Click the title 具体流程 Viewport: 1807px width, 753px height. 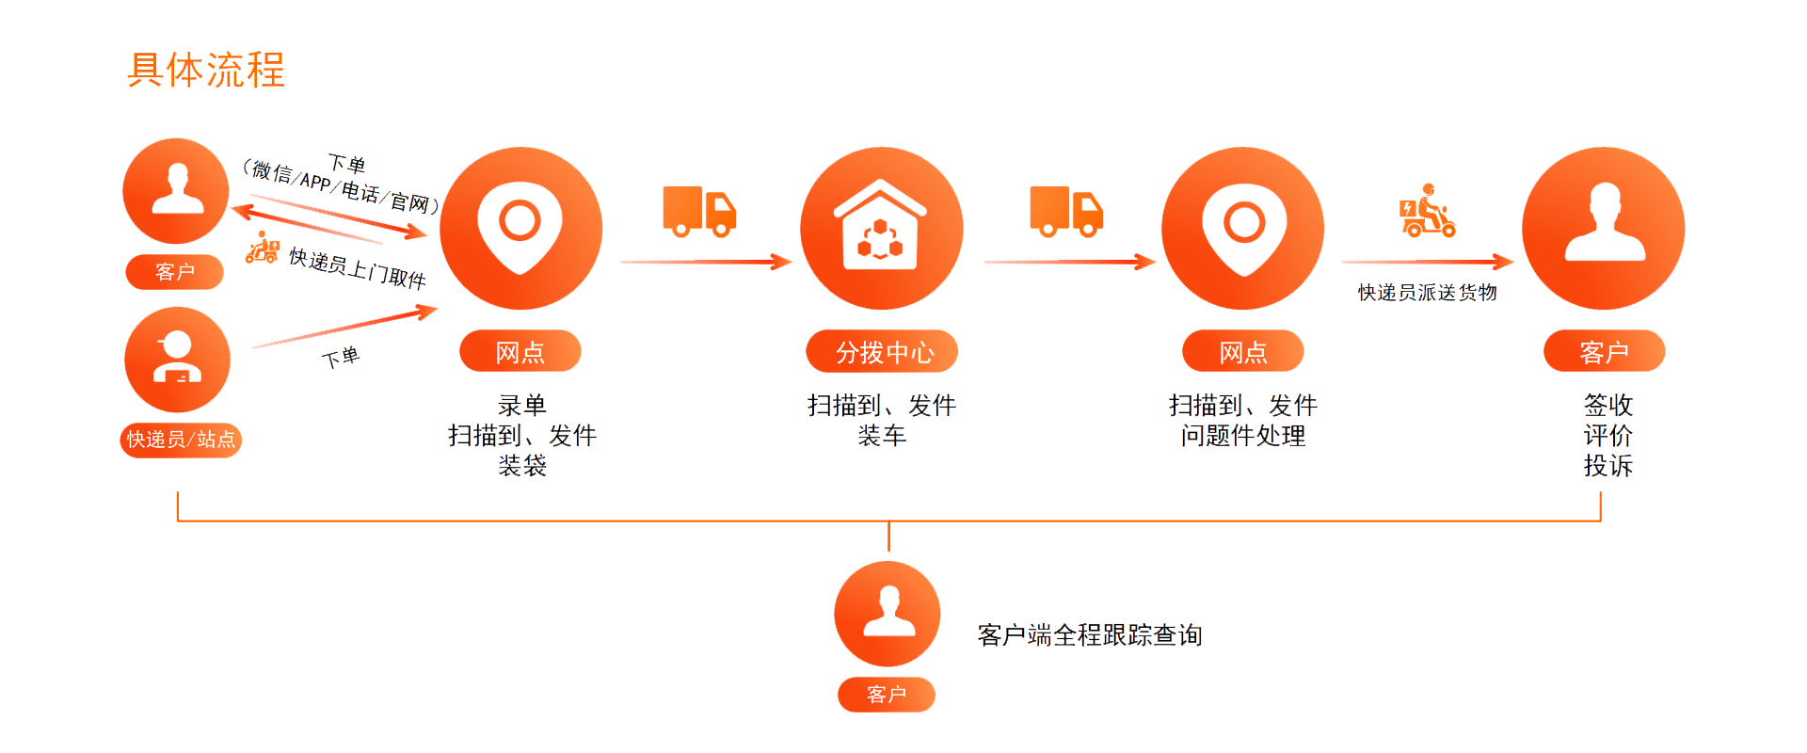pos(206,71)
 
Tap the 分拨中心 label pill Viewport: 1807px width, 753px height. pos(882,352)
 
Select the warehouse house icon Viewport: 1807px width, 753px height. pos(881,227)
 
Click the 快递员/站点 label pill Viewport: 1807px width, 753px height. pos(181,440)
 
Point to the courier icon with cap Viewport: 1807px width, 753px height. pos(177,359)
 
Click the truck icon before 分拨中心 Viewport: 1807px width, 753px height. pos(699,210)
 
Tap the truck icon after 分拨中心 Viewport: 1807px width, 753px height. pos(1065,210)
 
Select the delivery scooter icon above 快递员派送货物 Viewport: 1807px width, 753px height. pos(1427,211)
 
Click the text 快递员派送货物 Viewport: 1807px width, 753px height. pos(1427,293)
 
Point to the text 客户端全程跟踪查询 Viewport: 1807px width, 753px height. pos(1090,635)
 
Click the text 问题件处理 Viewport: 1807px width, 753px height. pos(1243,436)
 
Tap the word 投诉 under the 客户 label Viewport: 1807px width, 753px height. pos(1607,466)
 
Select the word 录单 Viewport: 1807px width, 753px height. pos(521,406)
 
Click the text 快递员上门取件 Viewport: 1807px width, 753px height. pos(358,268)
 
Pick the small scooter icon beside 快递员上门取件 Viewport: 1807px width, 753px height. pos(263,248)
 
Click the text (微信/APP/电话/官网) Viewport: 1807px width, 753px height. pos(341,185)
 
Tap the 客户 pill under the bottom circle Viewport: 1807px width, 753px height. pos(887,695)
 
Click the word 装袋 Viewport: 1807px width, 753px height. pos(521,466)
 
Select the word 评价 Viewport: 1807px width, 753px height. pos(1607,436)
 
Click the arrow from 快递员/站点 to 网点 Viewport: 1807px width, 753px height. pos(344,328)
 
